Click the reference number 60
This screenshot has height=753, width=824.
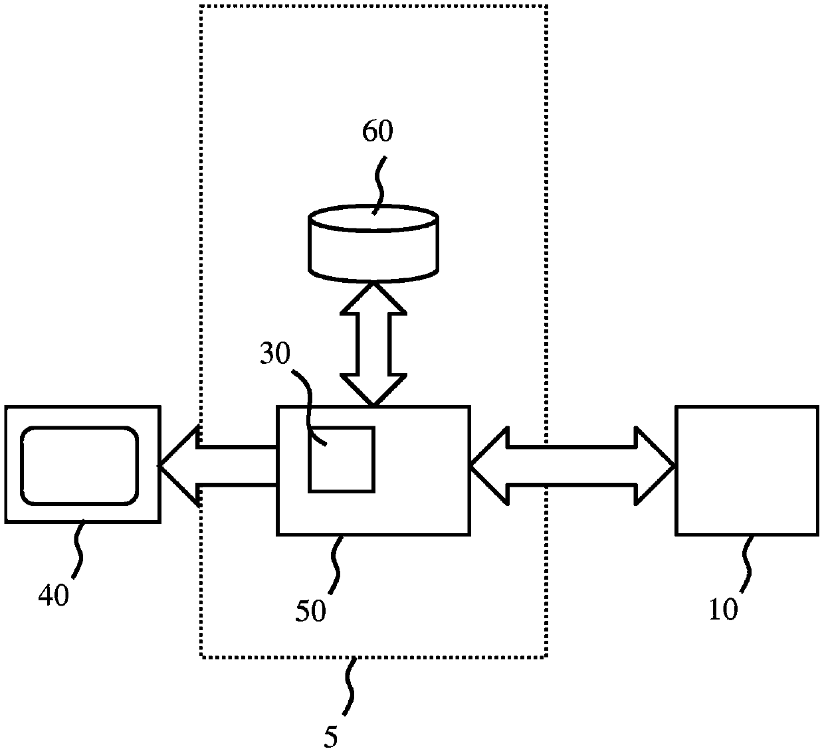(377, 131)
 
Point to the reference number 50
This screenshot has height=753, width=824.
(310, 610)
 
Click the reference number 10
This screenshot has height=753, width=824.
(724, 609)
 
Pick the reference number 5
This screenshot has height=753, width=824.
(330, 736)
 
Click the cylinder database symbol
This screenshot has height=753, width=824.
(373, 244)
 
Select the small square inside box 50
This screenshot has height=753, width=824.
(342, 460)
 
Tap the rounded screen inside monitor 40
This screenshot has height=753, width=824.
(79, 465)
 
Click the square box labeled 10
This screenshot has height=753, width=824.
(747, 471)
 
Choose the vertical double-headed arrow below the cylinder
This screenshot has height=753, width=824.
(373, 344)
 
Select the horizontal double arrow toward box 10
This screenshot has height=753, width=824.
(573, 465)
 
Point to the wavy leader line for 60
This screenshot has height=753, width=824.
(379, 185)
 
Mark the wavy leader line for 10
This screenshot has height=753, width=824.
(748, 564)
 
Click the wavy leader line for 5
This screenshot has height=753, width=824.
(350, 687)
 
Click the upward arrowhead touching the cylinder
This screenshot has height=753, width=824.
(373, 298)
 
